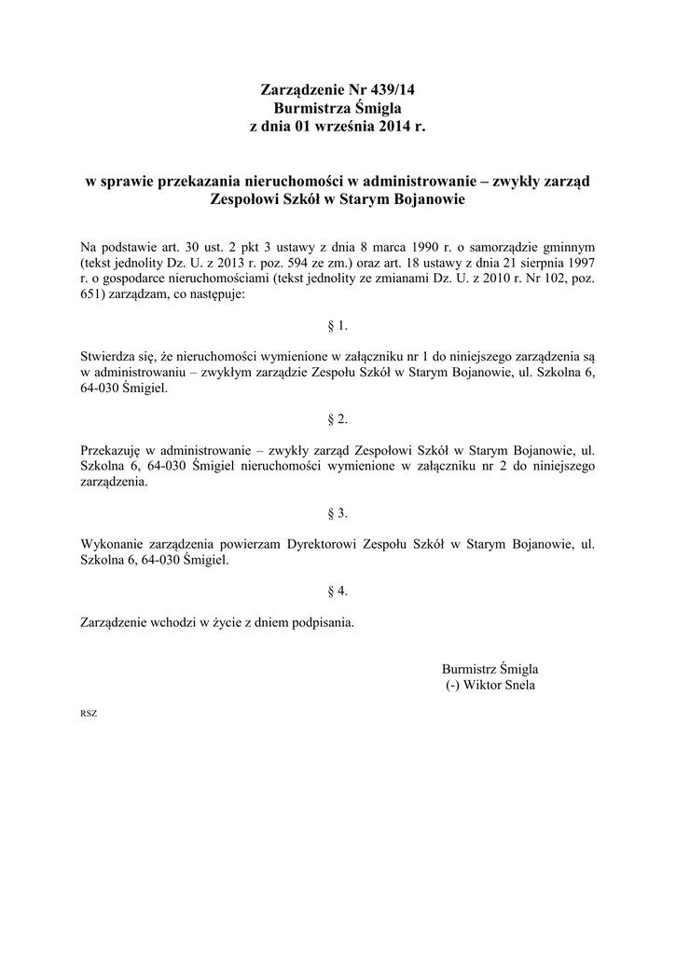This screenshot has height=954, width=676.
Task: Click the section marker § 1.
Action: coord(338,326)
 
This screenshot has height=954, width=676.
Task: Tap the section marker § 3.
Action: coord(338,513)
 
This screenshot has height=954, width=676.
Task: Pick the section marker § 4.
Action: coord(338,591)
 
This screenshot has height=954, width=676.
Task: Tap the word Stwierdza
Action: coord(110,356)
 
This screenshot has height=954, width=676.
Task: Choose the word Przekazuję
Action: coord(113,449)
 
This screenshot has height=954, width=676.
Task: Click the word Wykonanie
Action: coord(112,543)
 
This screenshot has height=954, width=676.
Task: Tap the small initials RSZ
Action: coord(90,714)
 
